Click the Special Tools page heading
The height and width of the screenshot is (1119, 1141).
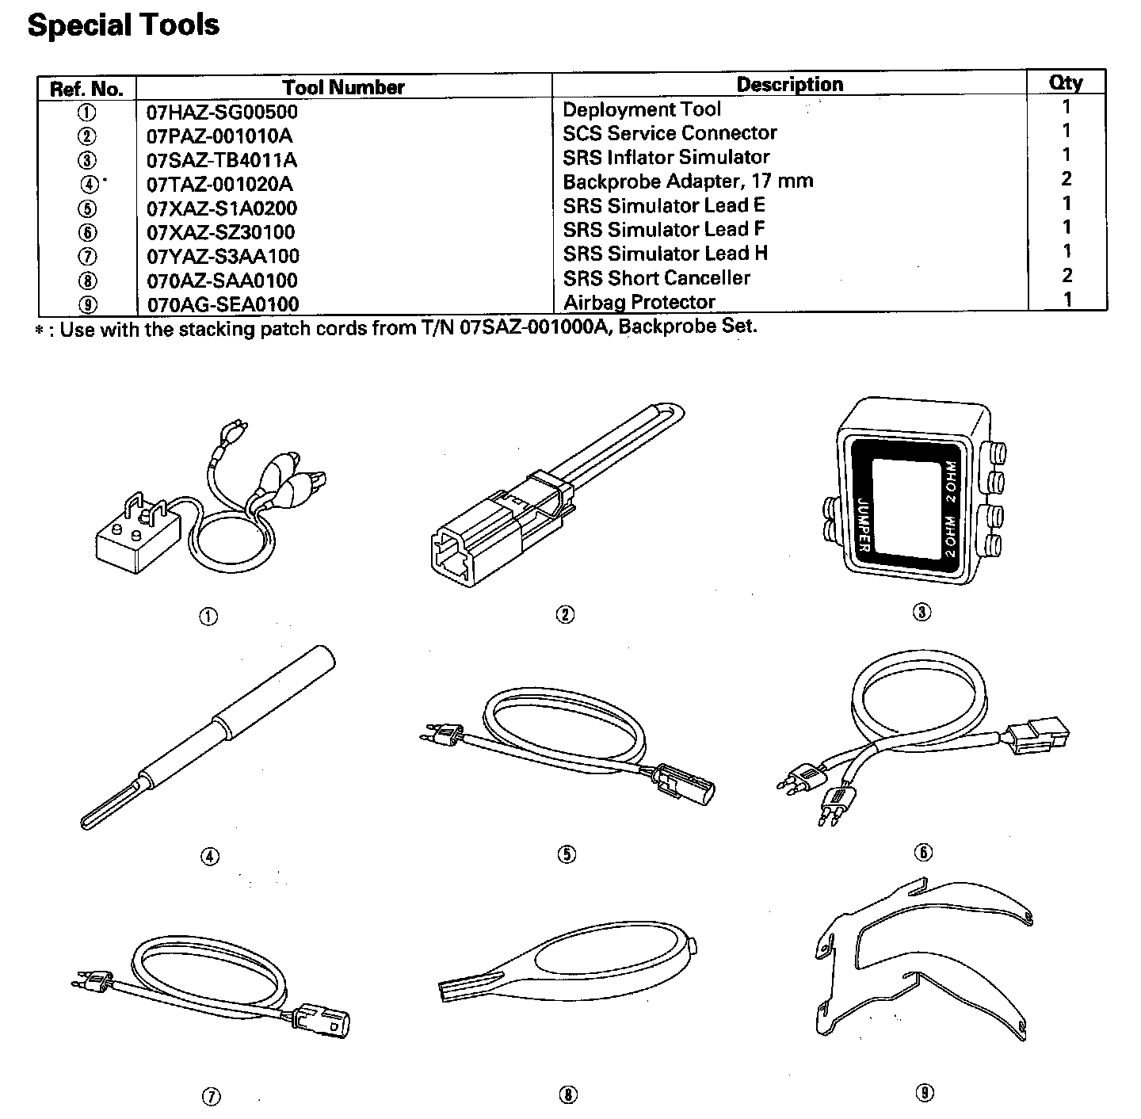(124, 25)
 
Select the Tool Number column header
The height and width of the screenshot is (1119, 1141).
(343, 87)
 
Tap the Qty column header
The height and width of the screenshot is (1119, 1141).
(1066, 82)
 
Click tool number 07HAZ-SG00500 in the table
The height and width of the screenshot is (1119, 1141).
(222, 112)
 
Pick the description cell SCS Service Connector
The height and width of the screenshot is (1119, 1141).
(670, 133)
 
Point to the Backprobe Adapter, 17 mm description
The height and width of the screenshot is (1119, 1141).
(688, 181)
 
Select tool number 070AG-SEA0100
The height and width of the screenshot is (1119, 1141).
(223, 304)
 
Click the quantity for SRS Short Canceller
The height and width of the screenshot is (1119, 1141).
(1067, 276)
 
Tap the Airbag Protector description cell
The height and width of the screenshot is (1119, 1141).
(639, 302)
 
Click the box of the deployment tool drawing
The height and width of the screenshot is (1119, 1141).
(131, 540)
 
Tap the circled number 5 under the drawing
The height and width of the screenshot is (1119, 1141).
(567, 854)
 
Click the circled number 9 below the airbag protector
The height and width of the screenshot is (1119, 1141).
(924, 1093)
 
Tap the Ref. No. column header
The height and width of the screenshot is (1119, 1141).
(86, 88)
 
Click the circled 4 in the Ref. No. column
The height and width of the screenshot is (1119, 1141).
(90, 184)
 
